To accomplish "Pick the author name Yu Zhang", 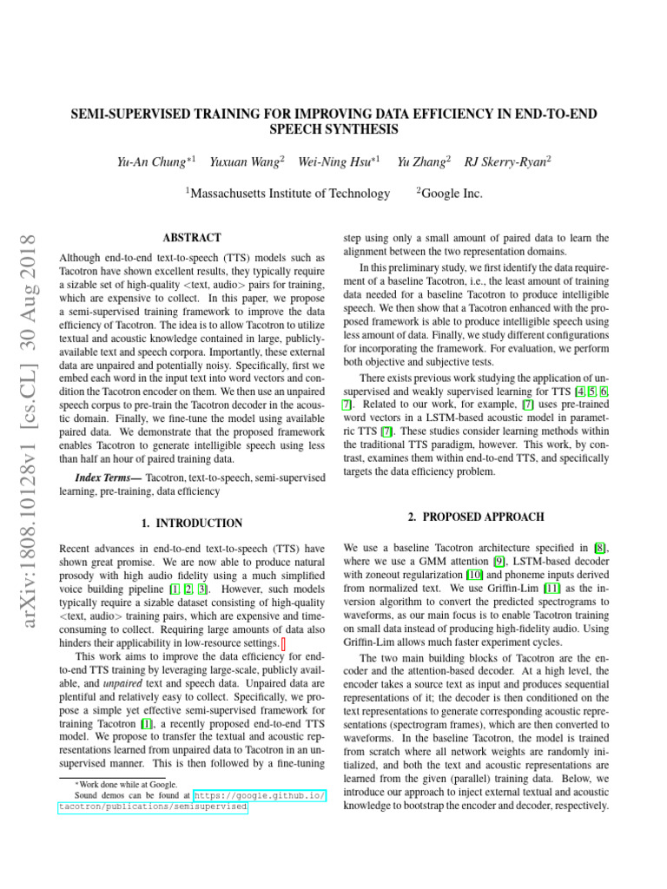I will pos(422,161).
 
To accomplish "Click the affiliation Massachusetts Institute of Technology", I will pos(289,194).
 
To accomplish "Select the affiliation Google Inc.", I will pos(449,194).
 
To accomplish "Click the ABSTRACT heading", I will pos(192,238).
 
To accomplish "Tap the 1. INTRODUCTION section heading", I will pos(192,524).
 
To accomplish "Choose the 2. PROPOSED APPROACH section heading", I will pos(477,517).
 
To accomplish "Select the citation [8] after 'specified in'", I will pos(600,548).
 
